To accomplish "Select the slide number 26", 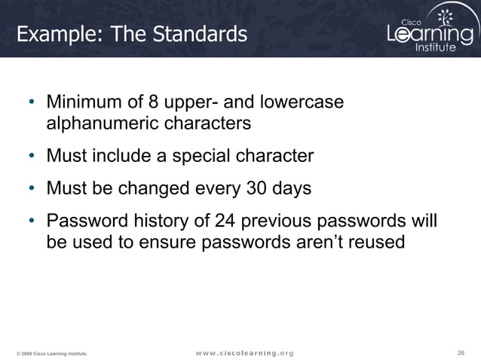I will (x=461, y=352).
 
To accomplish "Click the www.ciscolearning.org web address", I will (x=244, y=352).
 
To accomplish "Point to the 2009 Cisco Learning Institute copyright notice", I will (x=52, y=353).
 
